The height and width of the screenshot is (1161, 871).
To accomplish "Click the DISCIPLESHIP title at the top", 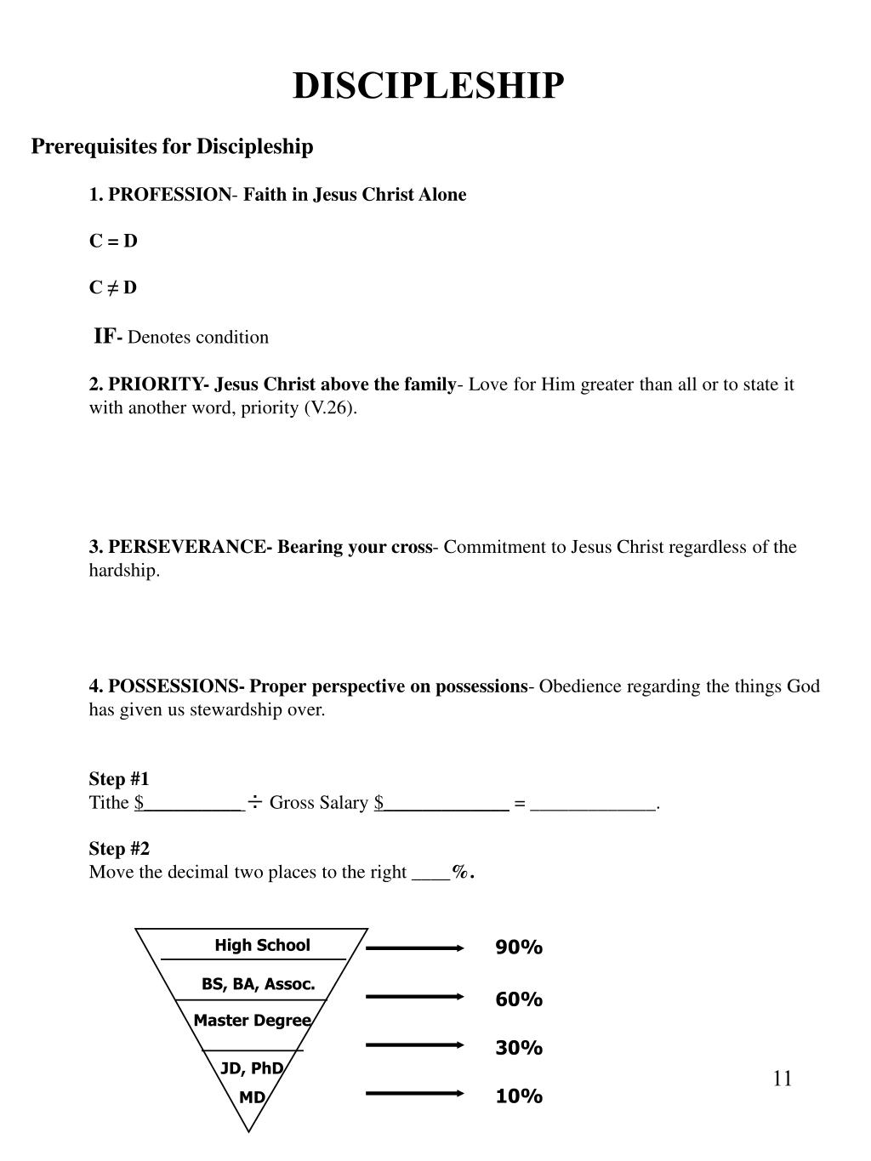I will (x=428, y=86).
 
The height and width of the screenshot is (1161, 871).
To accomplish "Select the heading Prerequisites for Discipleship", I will (x=172, y=146).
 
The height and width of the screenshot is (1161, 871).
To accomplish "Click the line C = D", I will (x=113, y=241).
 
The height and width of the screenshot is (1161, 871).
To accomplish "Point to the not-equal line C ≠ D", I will (x=113, y=287).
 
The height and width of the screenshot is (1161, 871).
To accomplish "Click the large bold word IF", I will (x=105, y=336).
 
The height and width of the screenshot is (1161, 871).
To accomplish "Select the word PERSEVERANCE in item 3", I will (x=187, y=547).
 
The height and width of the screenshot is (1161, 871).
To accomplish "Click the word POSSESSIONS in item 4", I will (x=177, y=686).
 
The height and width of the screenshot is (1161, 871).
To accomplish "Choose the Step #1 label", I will (x=119, y=779).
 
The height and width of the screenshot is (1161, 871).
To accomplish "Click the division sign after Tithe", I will (x=254, y=801).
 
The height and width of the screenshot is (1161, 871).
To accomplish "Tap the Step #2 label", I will (x=119, y=849).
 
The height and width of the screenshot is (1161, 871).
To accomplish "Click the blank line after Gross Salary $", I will (x=447, y=805).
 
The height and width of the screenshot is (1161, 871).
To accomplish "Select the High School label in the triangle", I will (x=262, y=945).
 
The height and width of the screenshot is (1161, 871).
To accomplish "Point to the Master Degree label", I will (x=252, y=1021).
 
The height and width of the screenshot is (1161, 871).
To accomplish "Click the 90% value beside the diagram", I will (x=519, y=948).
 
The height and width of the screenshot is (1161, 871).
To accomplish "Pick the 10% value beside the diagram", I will (x=519, y=1096).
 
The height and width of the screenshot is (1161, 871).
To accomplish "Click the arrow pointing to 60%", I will (x=414, y=996).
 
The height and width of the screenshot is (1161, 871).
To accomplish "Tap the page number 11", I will (x=783, y=1079).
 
